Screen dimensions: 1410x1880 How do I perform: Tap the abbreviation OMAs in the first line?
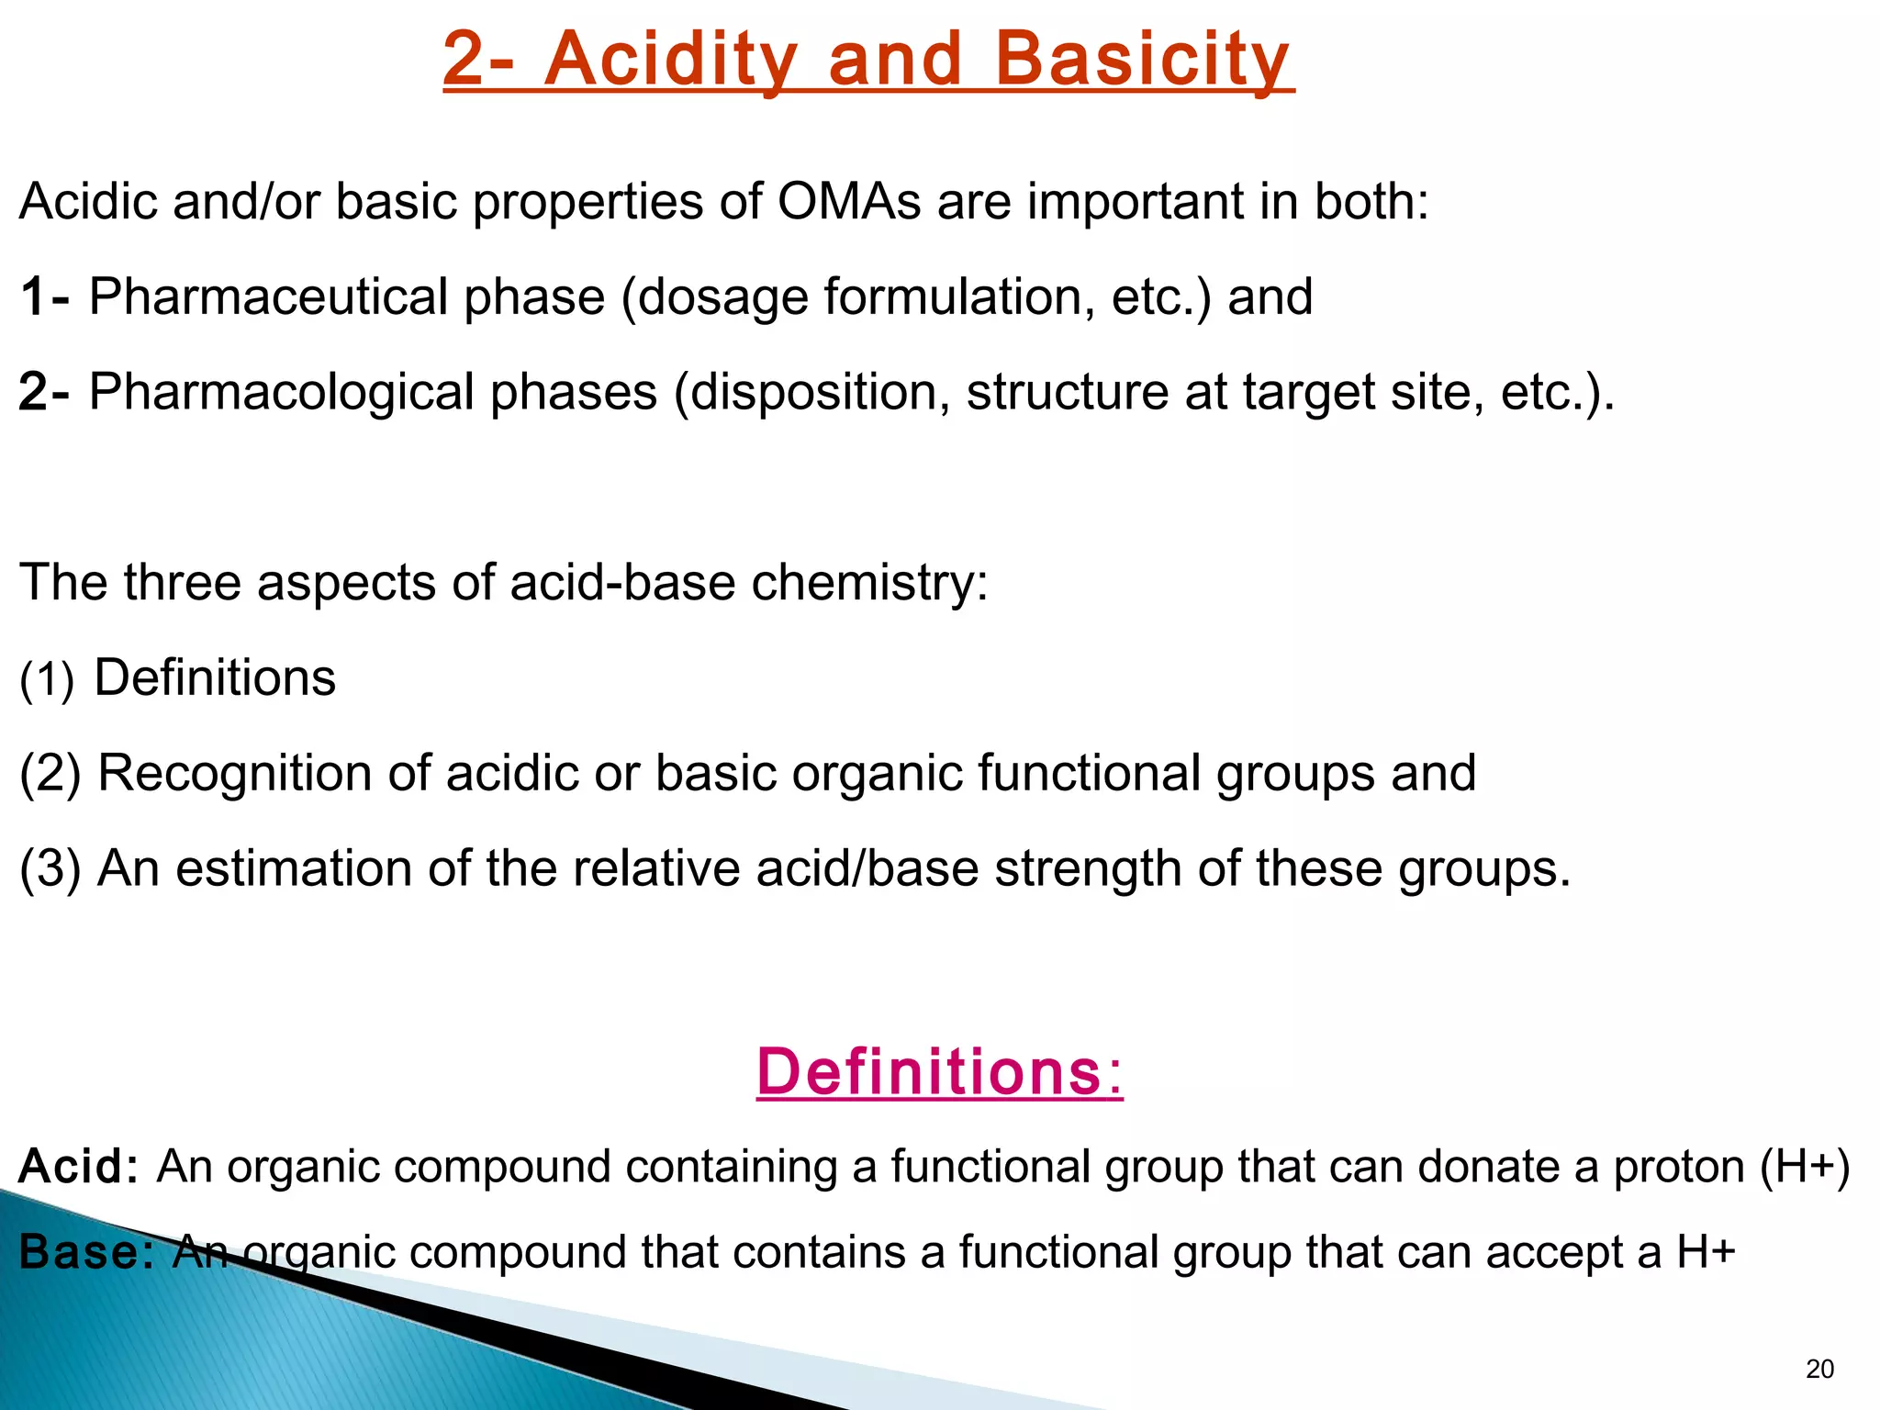pyautogui.click(x=849, y=201)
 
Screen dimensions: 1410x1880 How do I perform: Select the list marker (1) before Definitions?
pyautogui.click(x=47, y=679)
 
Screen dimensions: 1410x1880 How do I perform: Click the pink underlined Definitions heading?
pyautogui.click(x=939, y=1071)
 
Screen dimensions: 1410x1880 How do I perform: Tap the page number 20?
pyautogui.click(x=1819, y=1370)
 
